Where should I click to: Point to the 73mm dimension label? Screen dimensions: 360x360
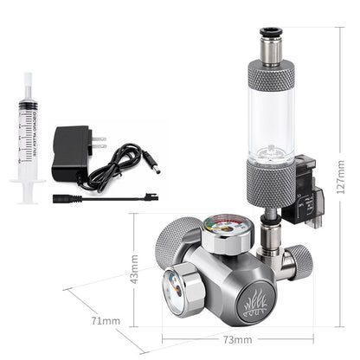229,338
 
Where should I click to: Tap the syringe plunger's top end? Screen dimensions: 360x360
28,77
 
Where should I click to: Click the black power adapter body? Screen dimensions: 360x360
68,153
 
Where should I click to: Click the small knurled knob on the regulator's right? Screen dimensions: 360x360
298,260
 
